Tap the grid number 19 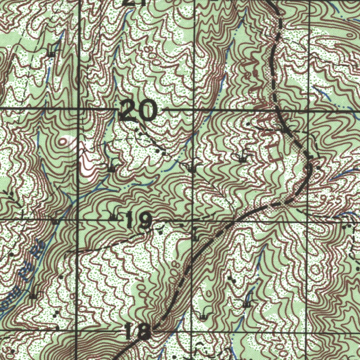(x=138, y=221)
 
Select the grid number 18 (x=138, y=332)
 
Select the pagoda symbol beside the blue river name (x=33, y=295)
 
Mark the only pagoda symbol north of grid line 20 (x=52, y=53)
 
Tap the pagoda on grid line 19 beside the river (x=55, y=221)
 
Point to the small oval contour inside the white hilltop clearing (x=64, y=142)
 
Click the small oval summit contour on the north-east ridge (x=349, y=34)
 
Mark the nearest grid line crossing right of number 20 (x=194, y=110)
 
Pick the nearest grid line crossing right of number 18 (x=192, y=332)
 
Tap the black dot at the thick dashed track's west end (x=66, y=253)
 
